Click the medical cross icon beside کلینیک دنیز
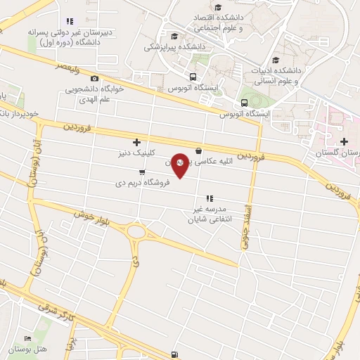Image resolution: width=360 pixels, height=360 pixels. point(136,142)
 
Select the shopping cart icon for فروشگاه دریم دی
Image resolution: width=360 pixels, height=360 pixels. point(143,172)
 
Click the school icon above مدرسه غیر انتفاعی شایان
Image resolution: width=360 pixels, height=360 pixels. point(209,199)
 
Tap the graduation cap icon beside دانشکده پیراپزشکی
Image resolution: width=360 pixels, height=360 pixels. point(174,36)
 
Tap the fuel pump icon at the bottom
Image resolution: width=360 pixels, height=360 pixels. point(174,354)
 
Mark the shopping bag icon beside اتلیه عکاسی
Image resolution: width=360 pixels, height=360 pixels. point(199,150)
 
